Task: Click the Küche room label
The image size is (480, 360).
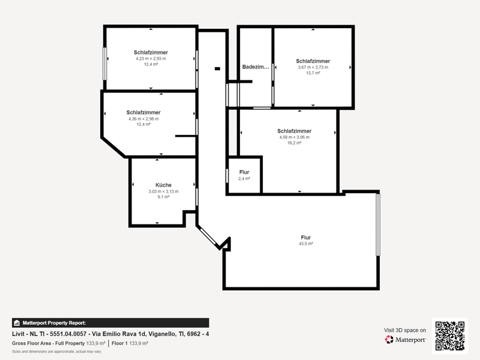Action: click(x=163, y=185)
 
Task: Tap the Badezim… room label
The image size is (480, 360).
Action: click(x=256, y=67)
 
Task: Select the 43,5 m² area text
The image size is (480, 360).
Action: click(x=306, y=244)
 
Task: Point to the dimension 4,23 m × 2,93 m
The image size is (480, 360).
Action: click(x=151, y=58)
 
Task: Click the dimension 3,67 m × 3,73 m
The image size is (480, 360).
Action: click(x=313, y=67)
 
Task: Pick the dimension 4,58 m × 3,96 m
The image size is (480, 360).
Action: click(x=294, y=137)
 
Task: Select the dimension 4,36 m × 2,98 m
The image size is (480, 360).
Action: click(x=143, y=119)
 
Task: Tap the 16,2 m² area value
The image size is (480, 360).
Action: click(x=294, y=143)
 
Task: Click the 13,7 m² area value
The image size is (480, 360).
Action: click(x=313, y=73)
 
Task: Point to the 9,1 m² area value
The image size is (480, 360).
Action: click(x=163, y=197)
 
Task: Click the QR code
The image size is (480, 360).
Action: click(x=449, y=336)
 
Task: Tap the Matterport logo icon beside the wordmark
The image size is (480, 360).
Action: click(x=389, y=340)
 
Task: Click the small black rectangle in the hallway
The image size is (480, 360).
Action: click(x=217, y=68)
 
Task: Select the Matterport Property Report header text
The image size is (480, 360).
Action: click(x=54, y=323)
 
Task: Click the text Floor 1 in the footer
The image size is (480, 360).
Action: click(x=119, y=343)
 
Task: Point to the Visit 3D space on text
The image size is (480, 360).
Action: click(x=404, y=330)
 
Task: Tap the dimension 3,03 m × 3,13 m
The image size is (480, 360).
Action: click(x=163, y=191)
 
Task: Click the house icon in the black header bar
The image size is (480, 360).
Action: click(x=17, y=323)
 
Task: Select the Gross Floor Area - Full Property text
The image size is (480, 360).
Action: click(x=49, y=343)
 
